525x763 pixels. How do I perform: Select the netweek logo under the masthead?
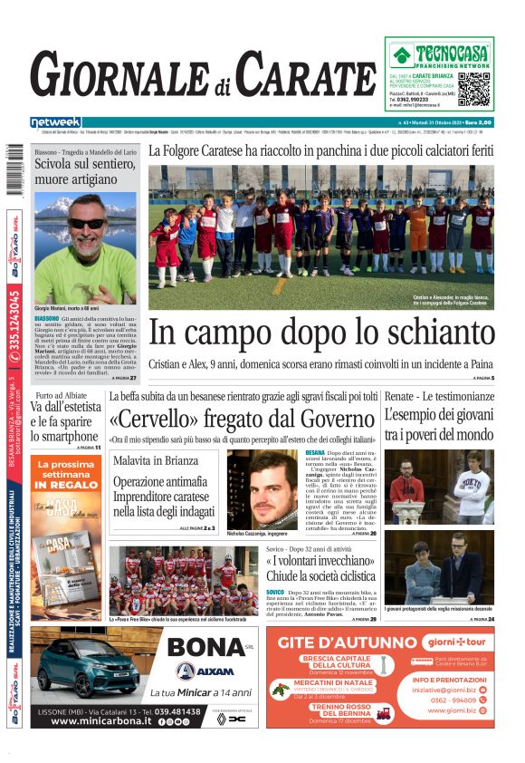(55, 121)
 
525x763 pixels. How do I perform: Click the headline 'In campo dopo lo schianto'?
(320, 333)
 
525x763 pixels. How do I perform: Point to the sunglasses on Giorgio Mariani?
(87, 223)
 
